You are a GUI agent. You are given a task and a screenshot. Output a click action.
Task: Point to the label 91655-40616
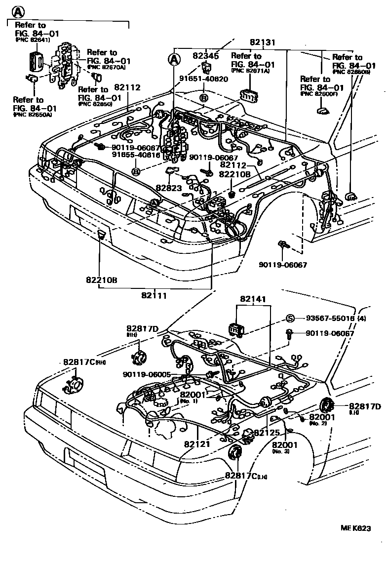(135, 155)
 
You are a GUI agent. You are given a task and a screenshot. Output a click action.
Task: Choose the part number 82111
(154, 295)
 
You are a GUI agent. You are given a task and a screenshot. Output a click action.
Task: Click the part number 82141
(253, 299)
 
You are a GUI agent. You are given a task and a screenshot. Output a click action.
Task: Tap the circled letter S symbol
(291, 318)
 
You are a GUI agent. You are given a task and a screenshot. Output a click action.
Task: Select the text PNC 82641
(33, 40)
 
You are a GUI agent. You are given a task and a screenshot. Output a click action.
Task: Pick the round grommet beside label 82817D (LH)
(326, 405)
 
